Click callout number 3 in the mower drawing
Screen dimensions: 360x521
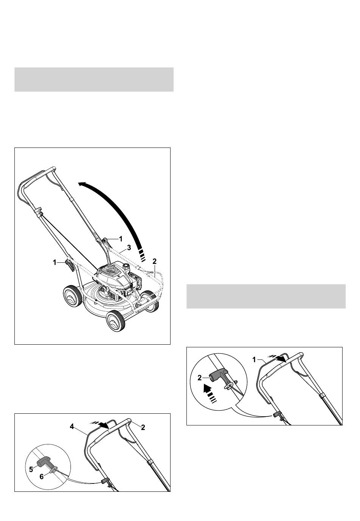pos(129,248)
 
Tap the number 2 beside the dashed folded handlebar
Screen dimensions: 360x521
pos(155,261)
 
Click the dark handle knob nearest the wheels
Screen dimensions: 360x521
pos(70,264)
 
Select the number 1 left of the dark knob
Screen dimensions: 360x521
pos(55,263)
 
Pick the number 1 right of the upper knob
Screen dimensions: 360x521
pos(121,239)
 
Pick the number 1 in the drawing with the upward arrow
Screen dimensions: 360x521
pos(254,360)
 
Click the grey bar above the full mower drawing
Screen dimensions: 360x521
pos(94,80)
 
